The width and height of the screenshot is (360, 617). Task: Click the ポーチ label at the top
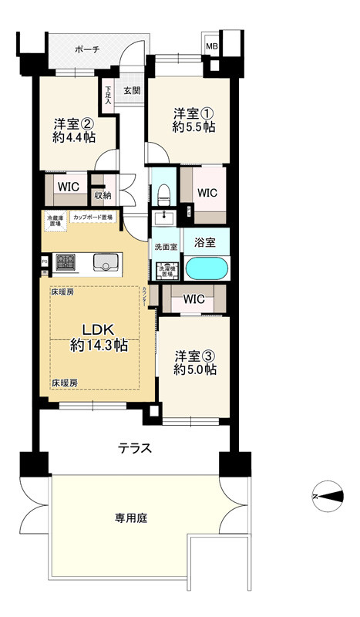87,49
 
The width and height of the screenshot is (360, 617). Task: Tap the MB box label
211,46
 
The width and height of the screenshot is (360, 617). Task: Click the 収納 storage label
103,195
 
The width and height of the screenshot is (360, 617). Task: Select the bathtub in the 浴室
207,268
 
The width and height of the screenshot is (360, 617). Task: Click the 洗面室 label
165,247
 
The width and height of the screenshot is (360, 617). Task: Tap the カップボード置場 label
93,217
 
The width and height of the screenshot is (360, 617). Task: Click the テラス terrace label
133,448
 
